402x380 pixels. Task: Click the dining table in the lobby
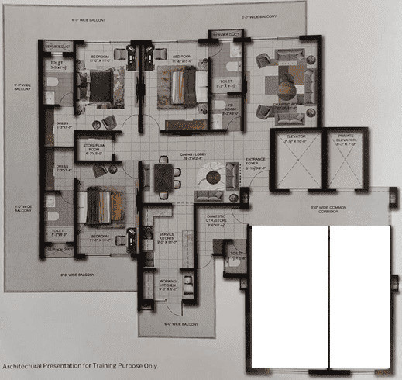163,175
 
